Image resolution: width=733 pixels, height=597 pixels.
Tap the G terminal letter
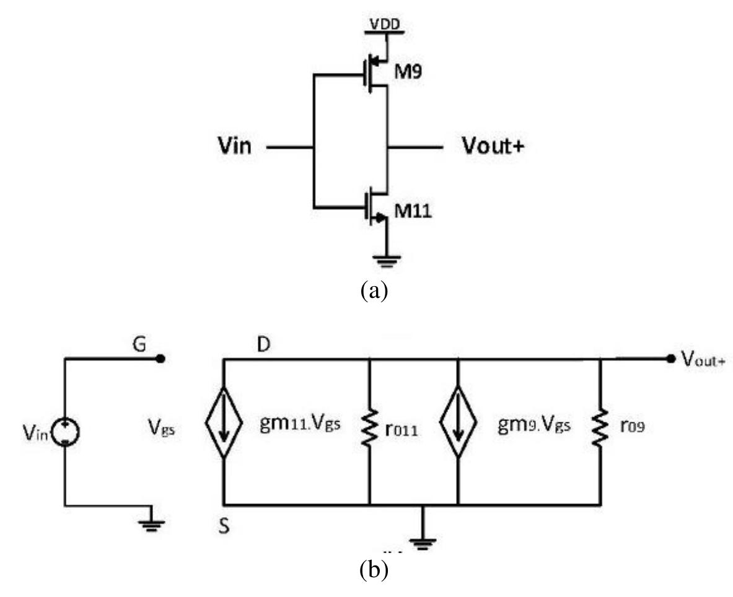(x=140, y=345)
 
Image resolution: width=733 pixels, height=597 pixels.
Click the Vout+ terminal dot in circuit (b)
(x=670, y=359)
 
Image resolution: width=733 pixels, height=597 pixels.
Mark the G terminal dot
(x=160, y=359)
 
